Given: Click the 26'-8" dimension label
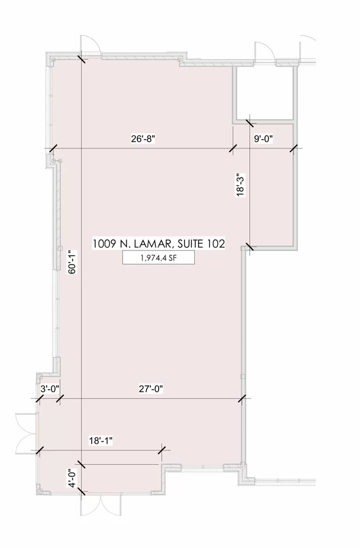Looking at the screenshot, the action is pos(143,139).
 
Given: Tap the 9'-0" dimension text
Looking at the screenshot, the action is pos(264,139).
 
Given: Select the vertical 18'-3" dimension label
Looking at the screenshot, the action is pos(240,184).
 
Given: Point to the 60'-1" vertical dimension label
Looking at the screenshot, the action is pos(72,262).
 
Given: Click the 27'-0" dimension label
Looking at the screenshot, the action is pos(151,389).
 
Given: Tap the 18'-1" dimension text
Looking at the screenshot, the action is pos(101,440).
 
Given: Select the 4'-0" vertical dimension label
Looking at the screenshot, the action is pos(72,478).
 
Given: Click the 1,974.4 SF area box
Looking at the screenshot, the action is pos(159,258).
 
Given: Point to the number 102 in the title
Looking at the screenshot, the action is pos(216,243).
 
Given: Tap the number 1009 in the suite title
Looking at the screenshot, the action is pos(104,243).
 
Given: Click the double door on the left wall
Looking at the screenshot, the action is pos(26,433).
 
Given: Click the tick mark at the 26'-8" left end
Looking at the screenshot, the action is pos(52,149).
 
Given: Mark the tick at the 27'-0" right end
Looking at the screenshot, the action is pos(242,398).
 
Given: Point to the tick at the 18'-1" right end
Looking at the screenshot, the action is pos(162,450).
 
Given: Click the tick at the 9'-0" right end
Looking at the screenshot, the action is pos(293,149).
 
